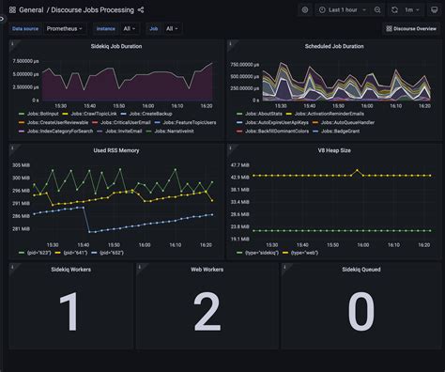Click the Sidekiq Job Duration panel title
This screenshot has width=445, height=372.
(x=116, y=46)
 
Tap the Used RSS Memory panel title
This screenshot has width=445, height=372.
(x=116, y=150)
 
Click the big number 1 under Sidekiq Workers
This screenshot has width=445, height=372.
(x=69, y=313)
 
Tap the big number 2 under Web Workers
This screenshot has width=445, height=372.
(x=207, y=313)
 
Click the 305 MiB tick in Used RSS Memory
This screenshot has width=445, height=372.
(x=21, y=165)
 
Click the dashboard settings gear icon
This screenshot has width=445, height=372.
(x=305, y=9)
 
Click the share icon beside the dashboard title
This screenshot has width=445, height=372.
(x=141, y=9)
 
